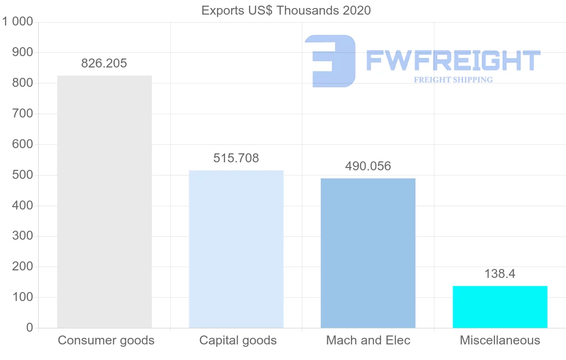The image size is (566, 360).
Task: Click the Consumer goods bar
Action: click(104, 202)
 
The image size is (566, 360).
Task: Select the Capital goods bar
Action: click(236, 249)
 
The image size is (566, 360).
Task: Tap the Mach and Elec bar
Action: click(368, 253)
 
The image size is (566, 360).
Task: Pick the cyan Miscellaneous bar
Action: click(500, 307)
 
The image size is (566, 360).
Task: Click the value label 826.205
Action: click(104, 63)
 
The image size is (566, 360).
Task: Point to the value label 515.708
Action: click(236, 158)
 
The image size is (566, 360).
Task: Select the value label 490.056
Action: click(368, 166)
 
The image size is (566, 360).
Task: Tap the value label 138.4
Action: click(500, 274)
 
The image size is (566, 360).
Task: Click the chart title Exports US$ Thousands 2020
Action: click(286, 10)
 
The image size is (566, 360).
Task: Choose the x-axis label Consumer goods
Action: click(106, 340)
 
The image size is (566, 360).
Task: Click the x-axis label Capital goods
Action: click(238, 340)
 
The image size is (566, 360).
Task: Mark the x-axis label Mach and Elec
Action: click(368, 340)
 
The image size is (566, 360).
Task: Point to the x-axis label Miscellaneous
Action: click(500, 340)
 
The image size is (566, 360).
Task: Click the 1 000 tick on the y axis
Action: click(17, 22)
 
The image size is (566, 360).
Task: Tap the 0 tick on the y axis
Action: click(30, 328)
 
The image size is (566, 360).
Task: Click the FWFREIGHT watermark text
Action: click(453, 60)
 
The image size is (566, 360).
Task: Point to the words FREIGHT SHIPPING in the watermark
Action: click(453, 80)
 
